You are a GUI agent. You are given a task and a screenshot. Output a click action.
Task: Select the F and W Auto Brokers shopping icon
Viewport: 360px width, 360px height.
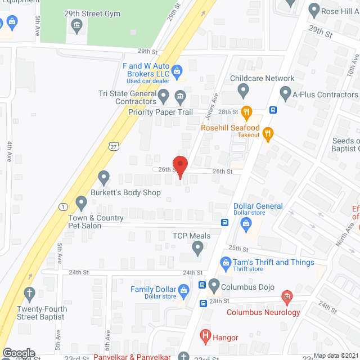pyautogui.click(x=177, y=71)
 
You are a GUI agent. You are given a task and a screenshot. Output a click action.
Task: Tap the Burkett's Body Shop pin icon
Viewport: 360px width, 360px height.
pyautogui.click(x=103, y=178)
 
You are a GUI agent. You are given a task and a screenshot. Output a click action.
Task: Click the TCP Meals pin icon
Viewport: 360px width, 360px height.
pyautogui.click(x=197, y=247)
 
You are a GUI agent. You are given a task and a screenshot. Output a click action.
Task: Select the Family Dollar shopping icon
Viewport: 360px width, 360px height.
pyautogui.click(x=183, y=291)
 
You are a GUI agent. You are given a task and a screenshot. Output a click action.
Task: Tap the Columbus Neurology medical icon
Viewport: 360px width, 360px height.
pyautogui.click(x=286, y=296)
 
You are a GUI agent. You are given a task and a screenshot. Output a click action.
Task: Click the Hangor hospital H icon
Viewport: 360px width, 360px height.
pyautogui.click(x=205, y=337)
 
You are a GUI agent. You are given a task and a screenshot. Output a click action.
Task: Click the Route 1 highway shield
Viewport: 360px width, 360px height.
pyautogui.click(x=62, y=206)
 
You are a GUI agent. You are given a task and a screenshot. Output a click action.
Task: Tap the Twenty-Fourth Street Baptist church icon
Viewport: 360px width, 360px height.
pyautogui.click(x=29, y=293)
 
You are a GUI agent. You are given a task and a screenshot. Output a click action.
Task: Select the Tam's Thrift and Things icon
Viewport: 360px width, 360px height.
pyautogui.click(x=225, y=263)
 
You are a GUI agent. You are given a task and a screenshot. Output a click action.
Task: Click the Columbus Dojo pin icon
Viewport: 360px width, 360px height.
pyautogui.click(x=214, y=286)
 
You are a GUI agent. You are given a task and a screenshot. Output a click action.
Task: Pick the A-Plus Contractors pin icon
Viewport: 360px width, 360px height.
pyautogui.click(x=285, y=91)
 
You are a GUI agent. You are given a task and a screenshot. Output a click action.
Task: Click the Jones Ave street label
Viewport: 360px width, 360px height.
pyautogui.click(x=212, y=107)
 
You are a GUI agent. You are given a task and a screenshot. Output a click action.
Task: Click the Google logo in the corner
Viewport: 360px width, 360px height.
pyautogui.click(x=18, y=353)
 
